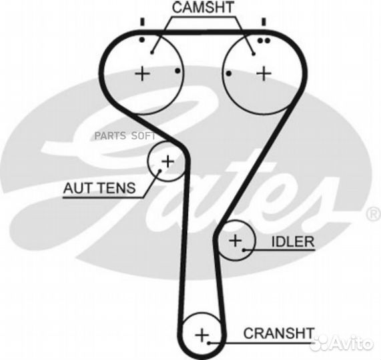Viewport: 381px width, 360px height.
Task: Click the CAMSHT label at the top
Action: (203, 7)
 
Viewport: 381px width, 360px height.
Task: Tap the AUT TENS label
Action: (99, 188)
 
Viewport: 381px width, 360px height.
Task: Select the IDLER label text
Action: (292, 242)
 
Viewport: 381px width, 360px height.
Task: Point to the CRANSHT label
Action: (279, 333)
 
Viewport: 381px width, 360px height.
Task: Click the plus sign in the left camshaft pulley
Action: (142, 73)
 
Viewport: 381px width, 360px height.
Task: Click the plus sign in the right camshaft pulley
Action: (264, 73)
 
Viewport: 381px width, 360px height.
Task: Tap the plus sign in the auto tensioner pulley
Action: (168, 161)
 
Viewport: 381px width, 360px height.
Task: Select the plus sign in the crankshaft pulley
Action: (202, 335)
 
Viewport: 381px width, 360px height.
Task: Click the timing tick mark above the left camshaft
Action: (142, 22)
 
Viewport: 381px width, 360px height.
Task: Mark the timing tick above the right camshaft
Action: (264, 22)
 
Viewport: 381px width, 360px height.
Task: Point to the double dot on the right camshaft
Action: (264, 41)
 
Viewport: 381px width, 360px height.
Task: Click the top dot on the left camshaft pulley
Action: (142, 39)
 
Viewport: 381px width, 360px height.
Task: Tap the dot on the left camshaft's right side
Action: (177, 71)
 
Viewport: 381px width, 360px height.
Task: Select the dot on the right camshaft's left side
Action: (228, 73)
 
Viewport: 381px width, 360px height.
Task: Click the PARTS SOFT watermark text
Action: (125, 136)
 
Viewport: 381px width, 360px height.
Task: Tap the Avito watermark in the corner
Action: (343, 343)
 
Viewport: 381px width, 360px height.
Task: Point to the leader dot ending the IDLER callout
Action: (244, 250)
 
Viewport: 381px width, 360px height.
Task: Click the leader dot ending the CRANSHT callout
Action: (209, 343)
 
